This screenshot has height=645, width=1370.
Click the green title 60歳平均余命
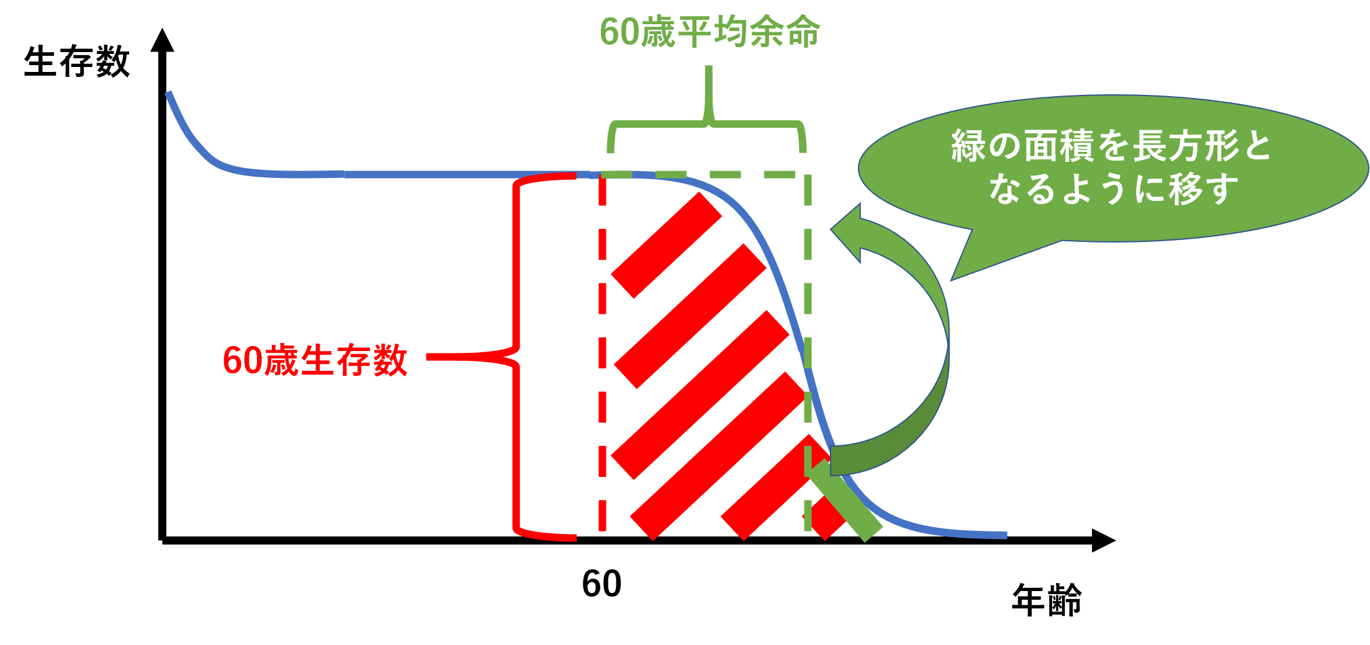710,32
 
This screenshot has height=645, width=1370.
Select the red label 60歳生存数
315,360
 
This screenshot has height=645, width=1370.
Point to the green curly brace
708,124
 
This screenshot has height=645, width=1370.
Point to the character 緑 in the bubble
968,146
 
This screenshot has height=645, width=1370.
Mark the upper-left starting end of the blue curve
168,94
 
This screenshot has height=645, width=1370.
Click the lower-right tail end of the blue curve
1004,535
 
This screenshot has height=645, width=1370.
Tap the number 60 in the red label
242,360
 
